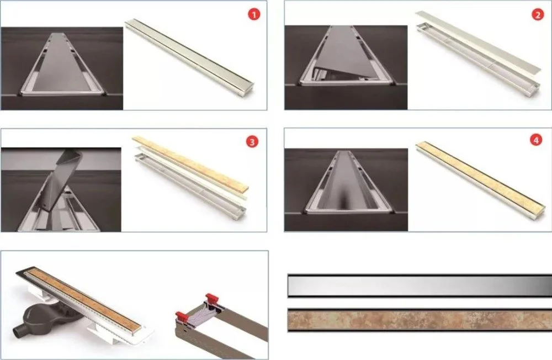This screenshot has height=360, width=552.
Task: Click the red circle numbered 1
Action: click(254, 14)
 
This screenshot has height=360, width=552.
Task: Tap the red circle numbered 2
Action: click(538, 14)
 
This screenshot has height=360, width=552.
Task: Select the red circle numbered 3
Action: click(252, 141)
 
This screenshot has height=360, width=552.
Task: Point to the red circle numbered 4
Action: click(536, 140)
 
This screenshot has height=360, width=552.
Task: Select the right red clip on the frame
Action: click(212, 298)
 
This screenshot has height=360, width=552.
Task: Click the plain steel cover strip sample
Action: click(420, 285)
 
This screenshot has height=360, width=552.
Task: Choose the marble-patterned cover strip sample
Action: click(420, 320)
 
